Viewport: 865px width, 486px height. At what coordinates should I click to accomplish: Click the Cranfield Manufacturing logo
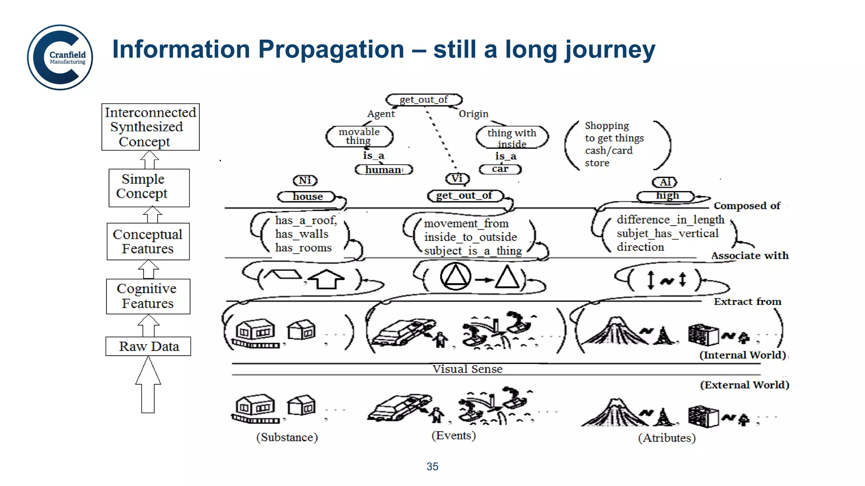(x=60, y=57)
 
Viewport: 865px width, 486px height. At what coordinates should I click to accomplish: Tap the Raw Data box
(x=148, y=346)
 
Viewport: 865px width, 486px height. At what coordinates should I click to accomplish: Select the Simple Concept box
(x=149, y=188)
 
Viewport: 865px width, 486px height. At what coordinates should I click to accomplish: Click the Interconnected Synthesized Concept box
(x=150, y=127)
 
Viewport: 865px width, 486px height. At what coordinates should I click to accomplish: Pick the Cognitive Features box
(x=148, y=296)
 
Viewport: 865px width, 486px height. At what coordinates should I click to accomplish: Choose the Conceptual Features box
(x=148, y=241)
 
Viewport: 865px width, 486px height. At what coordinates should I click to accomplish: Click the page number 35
(x=432, y=467)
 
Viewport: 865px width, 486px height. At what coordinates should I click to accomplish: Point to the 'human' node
(x=384, y=170)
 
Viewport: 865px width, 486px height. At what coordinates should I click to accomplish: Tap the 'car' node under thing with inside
(x=500, y=169)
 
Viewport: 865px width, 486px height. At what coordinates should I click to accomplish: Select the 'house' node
(x=307, y=197)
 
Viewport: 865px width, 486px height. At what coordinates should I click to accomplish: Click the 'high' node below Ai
(x=667, y=196)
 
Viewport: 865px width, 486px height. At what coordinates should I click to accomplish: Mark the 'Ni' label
(x=305, y=181)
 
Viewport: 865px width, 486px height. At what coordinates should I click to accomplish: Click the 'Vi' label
(x=457, y=178)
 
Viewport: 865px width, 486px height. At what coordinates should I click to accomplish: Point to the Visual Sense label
(x=467, y=369)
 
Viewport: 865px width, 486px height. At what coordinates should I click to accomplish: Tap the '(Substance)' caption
(x=287, y=437)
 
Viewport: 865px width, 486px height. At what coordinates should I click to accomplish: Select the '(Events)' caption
(x=454, y=435)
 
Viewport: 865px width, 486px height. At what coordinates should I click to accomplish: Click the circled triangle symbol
(x=455, y=277)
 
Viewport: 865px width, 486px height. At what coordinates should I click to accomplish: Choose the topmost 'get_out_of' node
(x=424, y=100)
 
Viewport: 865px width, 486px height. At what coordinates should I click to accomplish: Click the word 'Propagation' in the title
(x=331, y=49)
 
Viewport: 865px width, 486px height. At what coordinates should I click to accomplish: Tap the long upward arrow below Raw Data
(x=148, y=385)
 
